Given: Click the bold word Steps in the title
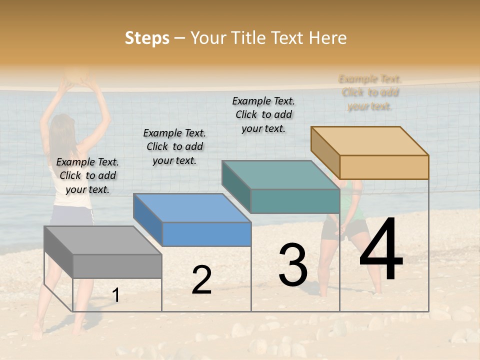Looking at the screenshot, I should point(147,38).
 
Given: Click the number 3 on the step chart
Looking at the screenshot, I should point(293,264).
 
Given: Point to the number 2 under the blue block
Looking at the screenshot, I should point(201,280).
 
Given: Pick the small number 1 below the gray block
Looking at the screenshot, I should point(116,295).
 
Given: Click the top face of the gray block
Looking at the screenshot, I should point(102,240).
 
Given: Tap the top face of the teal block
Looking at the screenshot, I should point(280,175).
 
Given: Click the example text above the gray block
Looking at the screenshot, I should point(87,175).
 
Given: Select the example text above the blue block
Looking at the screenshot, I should point(174,146).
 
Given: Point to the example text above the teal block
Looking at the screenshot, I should point(263,114).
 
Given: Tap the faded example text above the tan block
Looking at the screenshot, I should point(370,92).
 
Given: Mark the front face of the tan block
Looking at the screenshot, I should point(384,167).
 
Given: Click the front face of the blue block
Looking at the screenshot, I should point(206,234).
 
